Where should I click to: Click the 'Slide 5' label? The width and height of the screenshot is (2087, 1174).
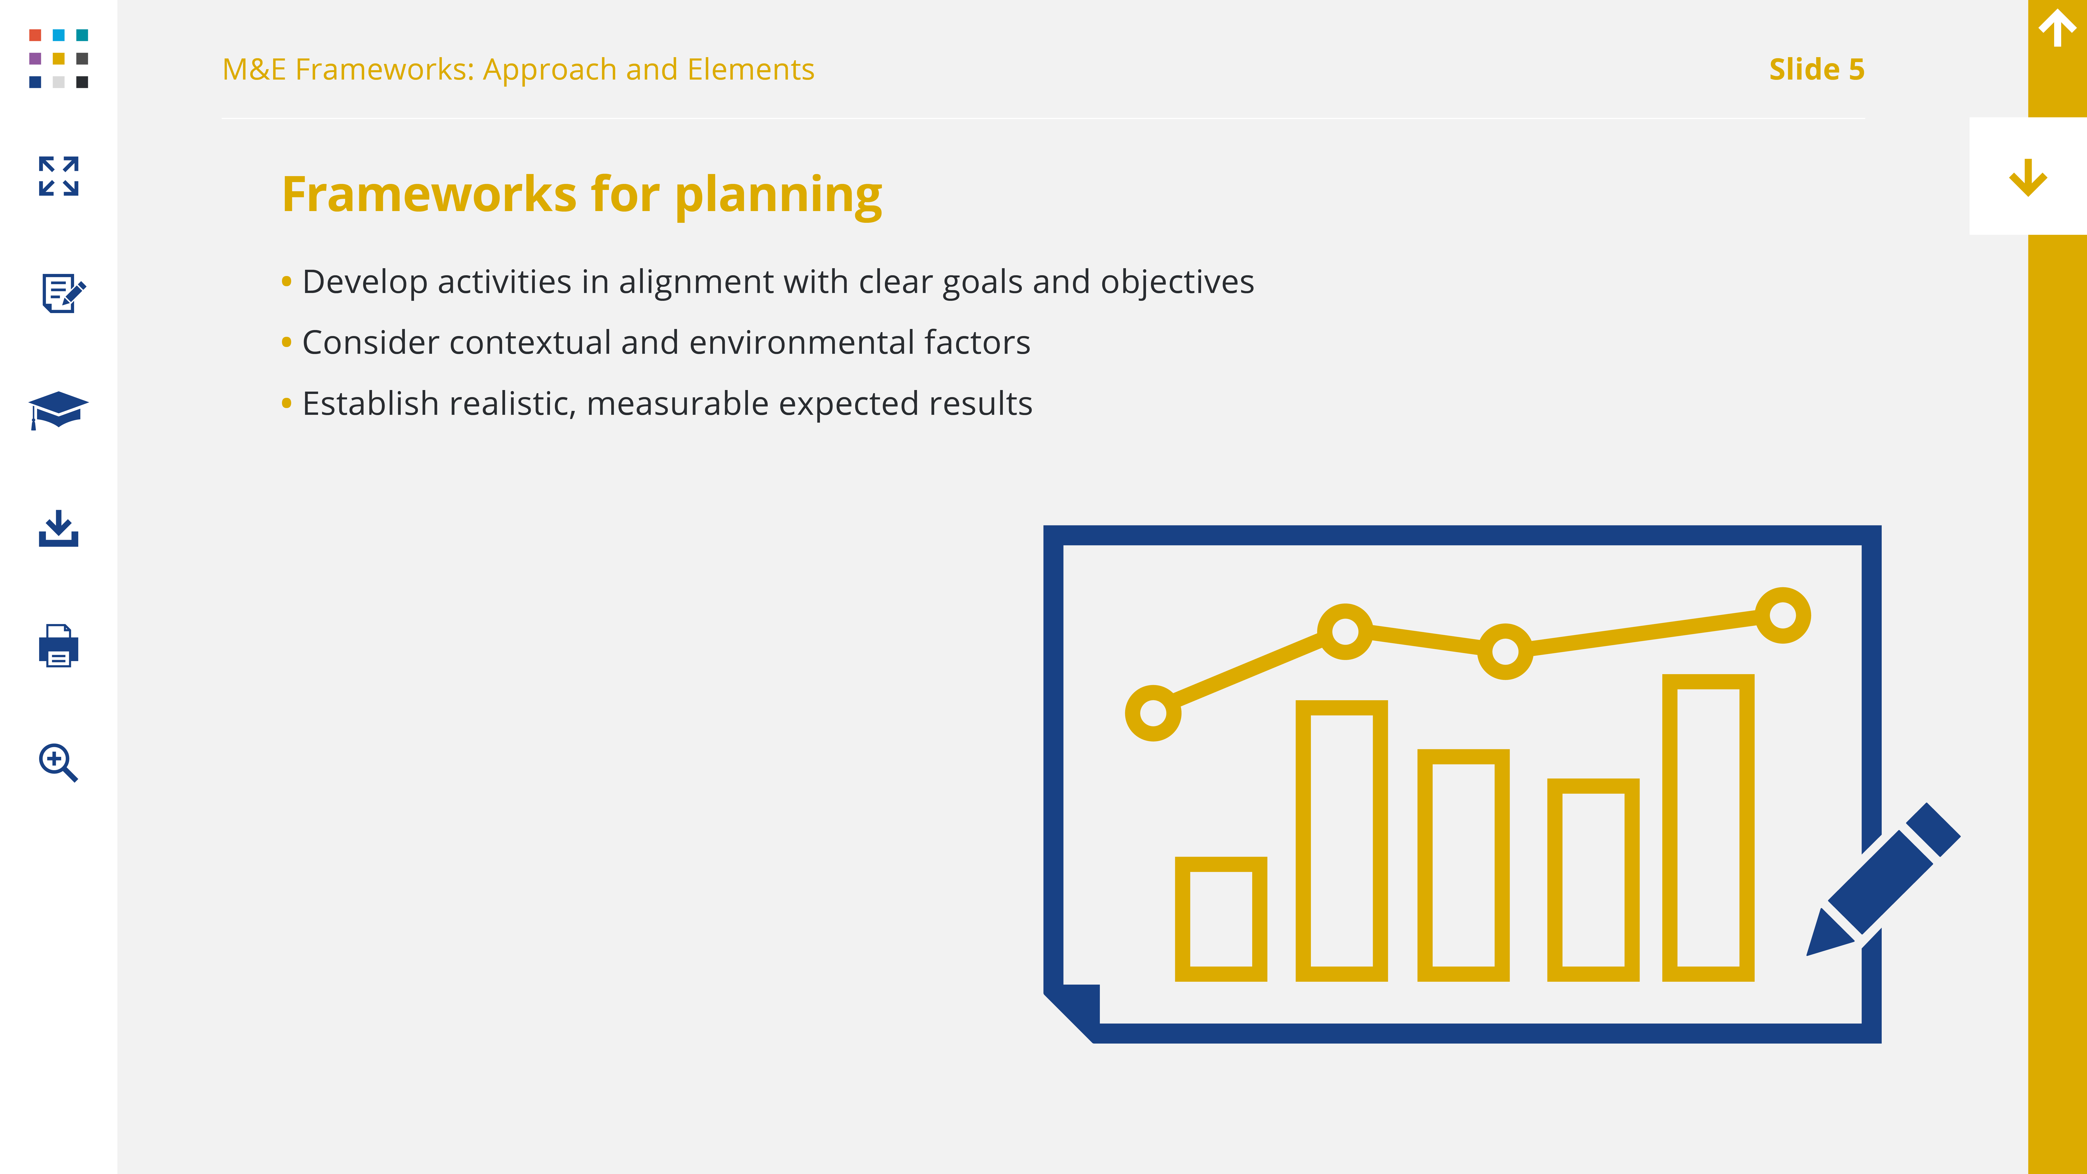point(1816,70)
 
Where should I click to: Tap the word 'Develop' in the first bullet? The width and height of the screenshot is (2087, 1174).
point(365,282)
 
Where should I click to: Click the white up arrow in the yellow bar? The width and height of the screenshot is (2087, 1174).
point(2057,28)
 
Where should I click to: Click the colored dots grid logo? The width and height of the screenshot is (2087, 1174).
point(58,58)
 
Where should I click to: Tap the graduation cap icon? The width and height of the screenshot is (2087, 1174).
point(58,410)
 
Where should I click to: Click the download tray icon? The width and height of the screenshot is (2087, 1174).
point(58,528)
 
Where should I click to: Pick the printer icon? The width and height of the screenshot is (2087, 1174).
point(58,646)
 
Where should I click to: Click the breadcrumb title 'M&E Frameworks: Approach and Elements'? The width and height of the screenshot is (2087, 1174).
point(519,70)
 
